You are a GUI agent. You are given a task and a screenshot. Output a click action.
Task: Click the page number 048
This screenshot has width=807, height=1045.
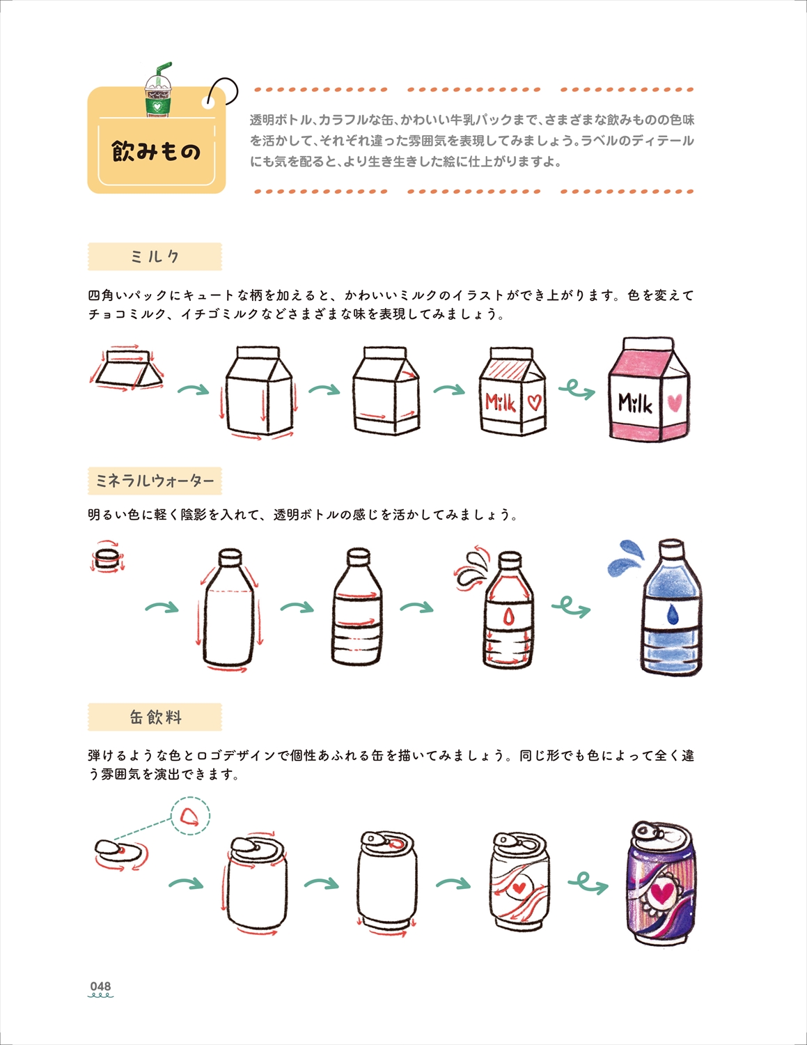100,986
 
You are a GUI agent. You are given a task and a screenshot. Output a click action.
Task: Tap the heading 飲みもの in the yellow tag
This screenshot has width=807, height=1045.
156,152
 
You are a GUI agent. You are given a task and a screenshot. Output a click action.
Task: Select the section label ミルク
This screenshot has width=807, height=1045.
155,256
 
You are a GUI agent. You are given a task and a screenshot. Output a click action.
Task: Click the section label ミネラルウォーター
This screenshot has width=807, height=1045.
155,481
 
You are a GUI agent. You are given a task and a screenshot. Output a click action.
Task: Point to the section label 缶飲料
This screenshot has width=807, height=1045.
155,718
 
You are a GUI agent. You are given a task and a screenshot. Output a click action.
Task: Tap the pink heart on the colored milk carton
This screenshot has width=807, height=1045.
675,402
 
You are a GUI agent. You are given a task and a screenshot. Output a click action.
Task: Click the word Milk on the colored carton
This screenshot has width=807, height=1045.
635,403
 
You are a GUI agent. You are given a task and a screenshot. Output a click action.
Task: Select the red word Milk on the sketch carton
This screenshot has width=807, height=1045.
501,401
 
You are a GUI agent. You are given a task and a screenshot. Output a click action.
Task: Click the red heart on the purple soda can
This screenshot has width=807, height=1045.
661,892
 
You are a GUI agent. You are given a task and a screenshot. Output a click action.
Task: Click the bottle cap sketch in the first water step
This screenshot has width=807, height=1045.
107,558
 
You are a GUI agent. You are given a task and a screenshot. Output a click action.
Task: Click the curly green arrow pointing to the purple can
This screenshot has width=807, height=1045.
588,882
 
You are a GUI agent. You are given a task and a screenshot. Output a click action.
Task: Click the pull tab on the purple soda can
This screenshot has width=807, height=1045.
646,830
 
